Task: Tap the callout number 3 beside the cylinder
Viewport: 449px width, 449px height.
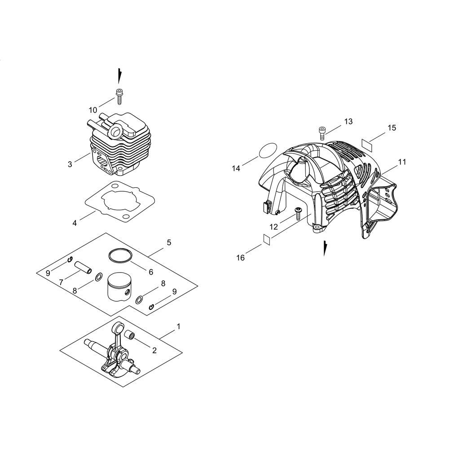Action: click(x=70, y=164)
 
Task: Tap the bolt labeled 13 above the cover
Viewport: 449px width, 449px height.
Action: click(x=321, y=133)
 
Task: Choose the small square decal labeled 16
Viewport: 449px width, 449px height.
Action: click(x=267, y=239)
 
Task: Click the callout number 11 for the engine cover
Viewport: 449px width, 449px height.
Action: click(x=402, y=162)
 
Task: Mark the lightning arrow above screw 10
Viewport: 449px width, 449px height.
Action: click(x=119, y=76)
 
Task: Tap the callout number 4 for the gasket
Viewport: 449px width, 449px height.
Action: click(x=75, y=223)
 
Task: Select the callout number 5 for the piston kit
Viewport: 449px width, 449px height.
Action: click(x=169, y=242)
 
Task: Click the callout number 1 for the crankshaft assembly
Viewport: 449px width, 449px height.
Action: click(x=178, y=326)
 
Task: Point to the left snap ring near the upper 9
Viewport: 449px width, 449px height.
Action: click(x=69, y=260)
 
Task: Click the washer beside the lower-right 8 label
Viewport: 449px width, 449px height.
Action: click(x=140, y=300)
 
